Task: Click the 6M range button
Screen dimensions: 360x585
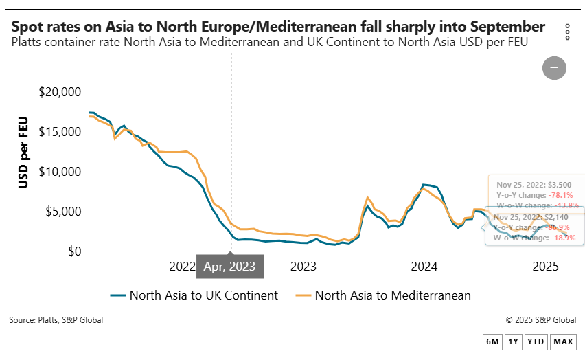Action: [492, 341]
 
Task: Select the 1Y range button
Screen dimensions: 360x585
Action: [513, 341]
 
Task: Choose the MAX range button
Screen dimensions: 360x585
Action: [563, 341]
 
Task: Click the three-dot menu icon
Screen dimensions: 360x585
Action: [567, 32]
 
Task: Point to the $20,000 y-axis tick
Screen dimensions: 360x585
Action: [60, 92]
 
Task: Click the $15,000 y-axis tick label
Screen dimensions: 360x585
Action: [60, 132]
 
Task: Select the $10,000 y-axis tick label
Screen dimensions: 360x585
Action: [60, 172]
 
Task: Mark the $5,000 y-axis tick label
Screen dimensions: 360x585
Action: [63, 212]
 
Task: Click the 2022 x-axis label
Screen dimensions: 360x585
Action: [183, 267]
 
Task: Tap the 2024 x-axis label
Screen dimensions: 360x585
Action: [425, 267]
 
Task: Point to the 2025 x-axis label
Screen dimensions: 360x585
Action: [546, 267]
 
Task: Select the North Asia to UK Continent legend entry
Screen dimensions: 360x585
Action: [194, 295]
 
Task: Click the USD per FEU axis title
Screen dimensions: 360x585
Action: [23, 153]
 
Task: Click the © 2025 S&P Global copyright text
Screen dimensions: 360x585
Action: [540, 320]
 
